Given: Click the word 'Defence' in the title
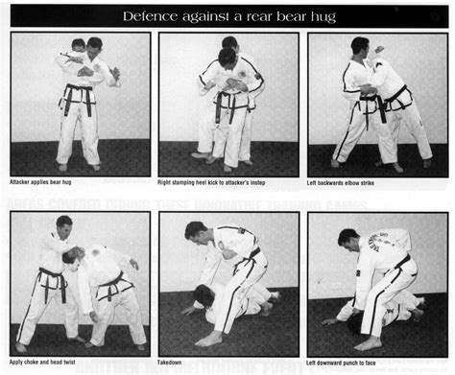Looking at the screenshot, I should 151,16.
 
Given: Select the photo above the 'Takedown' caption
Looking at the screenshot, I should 227,283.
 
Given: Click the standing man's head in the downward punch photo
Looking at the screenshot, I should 348,238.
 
